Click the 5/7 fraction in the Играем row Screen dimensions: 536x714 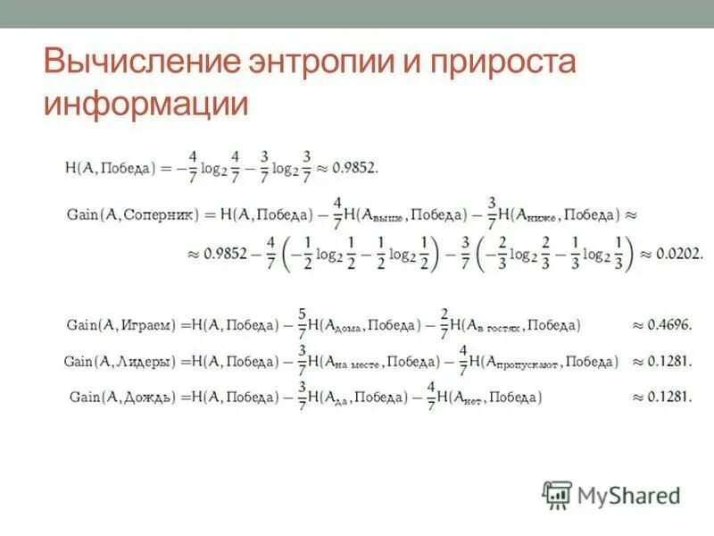[x=303, y=325]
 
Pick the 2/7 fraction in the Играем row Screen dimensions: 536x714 [x=444, y=325]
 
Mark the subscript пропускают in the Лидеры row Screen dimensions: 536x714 [x=528, y=365]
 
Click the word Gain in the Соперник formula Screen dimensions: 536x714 [x=83, y=215]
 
